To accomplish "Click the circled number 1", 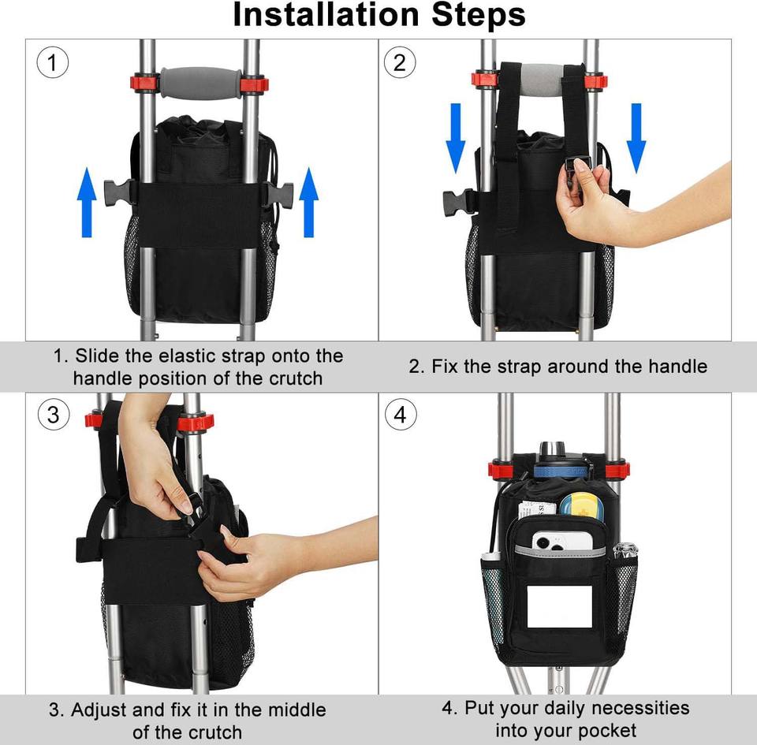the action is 53,63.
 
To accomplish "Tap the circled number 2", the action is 400,63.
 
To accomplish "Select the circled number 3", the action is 54,415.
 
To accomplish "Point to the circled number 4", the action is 401,415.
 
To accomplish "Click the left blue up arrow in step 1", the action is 87,202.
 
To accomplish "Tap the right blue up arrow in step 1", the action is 308,202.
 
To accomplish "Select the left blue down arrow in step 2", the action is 455,138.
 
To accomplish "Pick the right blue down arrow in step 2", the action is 636,138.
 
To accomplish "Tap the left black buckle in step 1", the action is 118,194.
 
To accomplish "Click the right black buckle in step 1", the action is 279,195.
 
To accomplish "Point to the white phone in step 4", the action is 562,541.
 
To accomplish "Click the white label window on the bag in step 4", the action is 560,606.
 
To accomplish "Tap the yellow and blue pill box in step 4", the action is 581,505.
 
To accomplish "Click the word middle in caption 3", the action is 297,710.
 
